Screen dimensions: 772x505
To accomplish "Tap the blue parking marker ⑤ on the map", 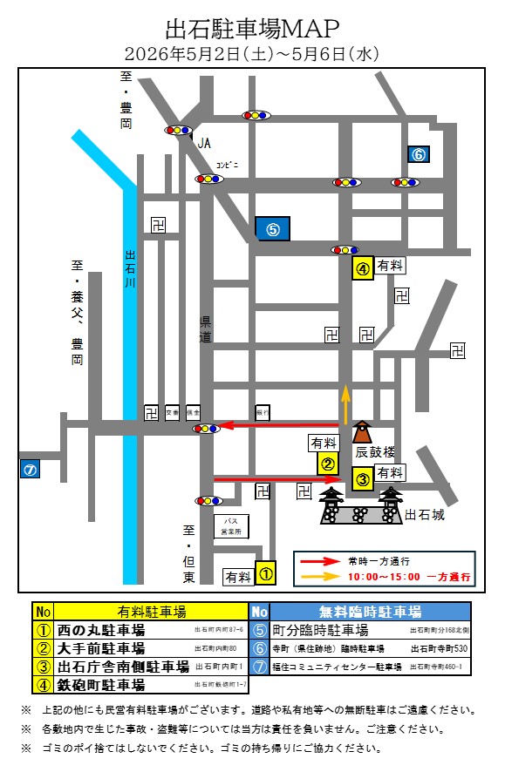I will (x=272, y=228).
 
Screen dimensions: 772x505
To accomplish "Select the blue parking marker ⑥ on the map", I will (x=418, y=154).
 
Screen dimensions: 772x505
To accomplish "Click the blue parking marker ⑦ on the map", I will (x=30, y=469).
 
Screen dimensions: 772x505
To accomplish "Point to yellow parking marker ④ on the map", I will (x=363, y=268).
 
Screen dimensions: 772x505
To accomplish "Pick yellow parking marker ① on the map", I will (x=266, y=572).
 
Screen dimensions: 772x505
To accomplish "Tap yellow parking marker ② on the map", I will (x=328, y=464).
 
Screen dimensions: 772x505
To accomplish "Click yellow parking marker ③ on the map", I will (x=362, y=478).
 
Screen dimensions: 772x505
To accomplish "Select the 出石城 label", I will (x=426, y=515).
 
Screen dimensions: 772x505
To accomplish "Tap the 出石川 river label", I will (x=131, y=270).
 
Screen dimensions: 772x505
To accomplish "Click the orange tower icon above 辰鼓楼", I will (x=361, y=433).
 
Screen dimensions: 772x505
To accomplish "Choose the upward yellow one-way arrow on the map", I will (x=345, y=403).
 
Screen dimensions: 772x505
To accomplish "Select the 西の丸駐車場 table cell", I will (x=100, y=629).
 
